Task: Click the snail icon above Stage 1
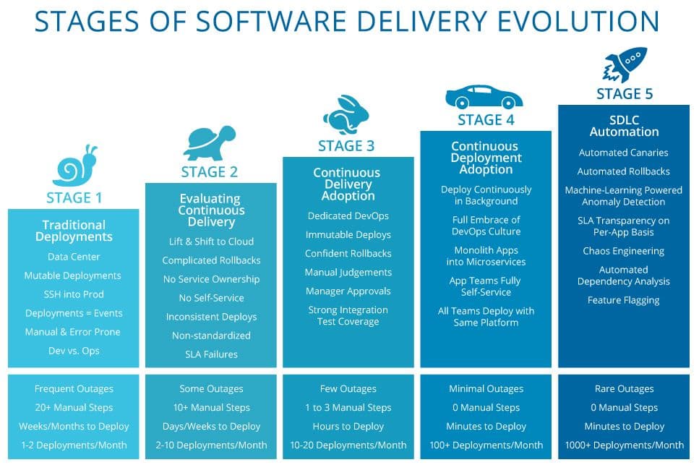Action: coord(75,166)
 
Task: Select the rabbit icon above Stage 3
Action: coord(346,114)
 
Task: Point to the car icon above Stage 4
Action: coord(484,97)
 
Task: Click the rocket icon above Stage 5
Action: coord(625,65)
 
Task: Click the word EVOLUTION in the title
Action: coord(578,21)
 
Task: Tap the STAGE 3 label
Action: coord(346,146)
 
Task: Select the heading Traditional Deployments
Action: coord(74,231)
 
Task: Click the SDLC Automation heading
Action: coord(624,126)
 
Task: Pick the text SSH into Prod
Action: coord(74,294)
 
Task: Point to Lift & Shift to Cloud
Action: coord(211,242)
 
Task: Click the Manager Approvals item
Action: coord(348,291)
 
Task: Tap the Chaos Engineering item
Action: coord(623,251)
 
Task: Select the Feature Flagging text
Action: coord(623,300)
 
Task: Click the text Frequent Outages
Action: coord(74,389)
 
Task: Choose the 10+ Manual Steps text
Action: coord(211,407)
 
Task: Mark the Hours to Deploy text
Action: coord(348,426)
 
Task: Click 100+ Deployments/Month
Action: coord(486,445)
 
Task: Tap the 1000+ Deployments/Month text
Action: coord(624,445)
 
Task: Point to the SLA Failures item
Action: coord(211,354)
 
